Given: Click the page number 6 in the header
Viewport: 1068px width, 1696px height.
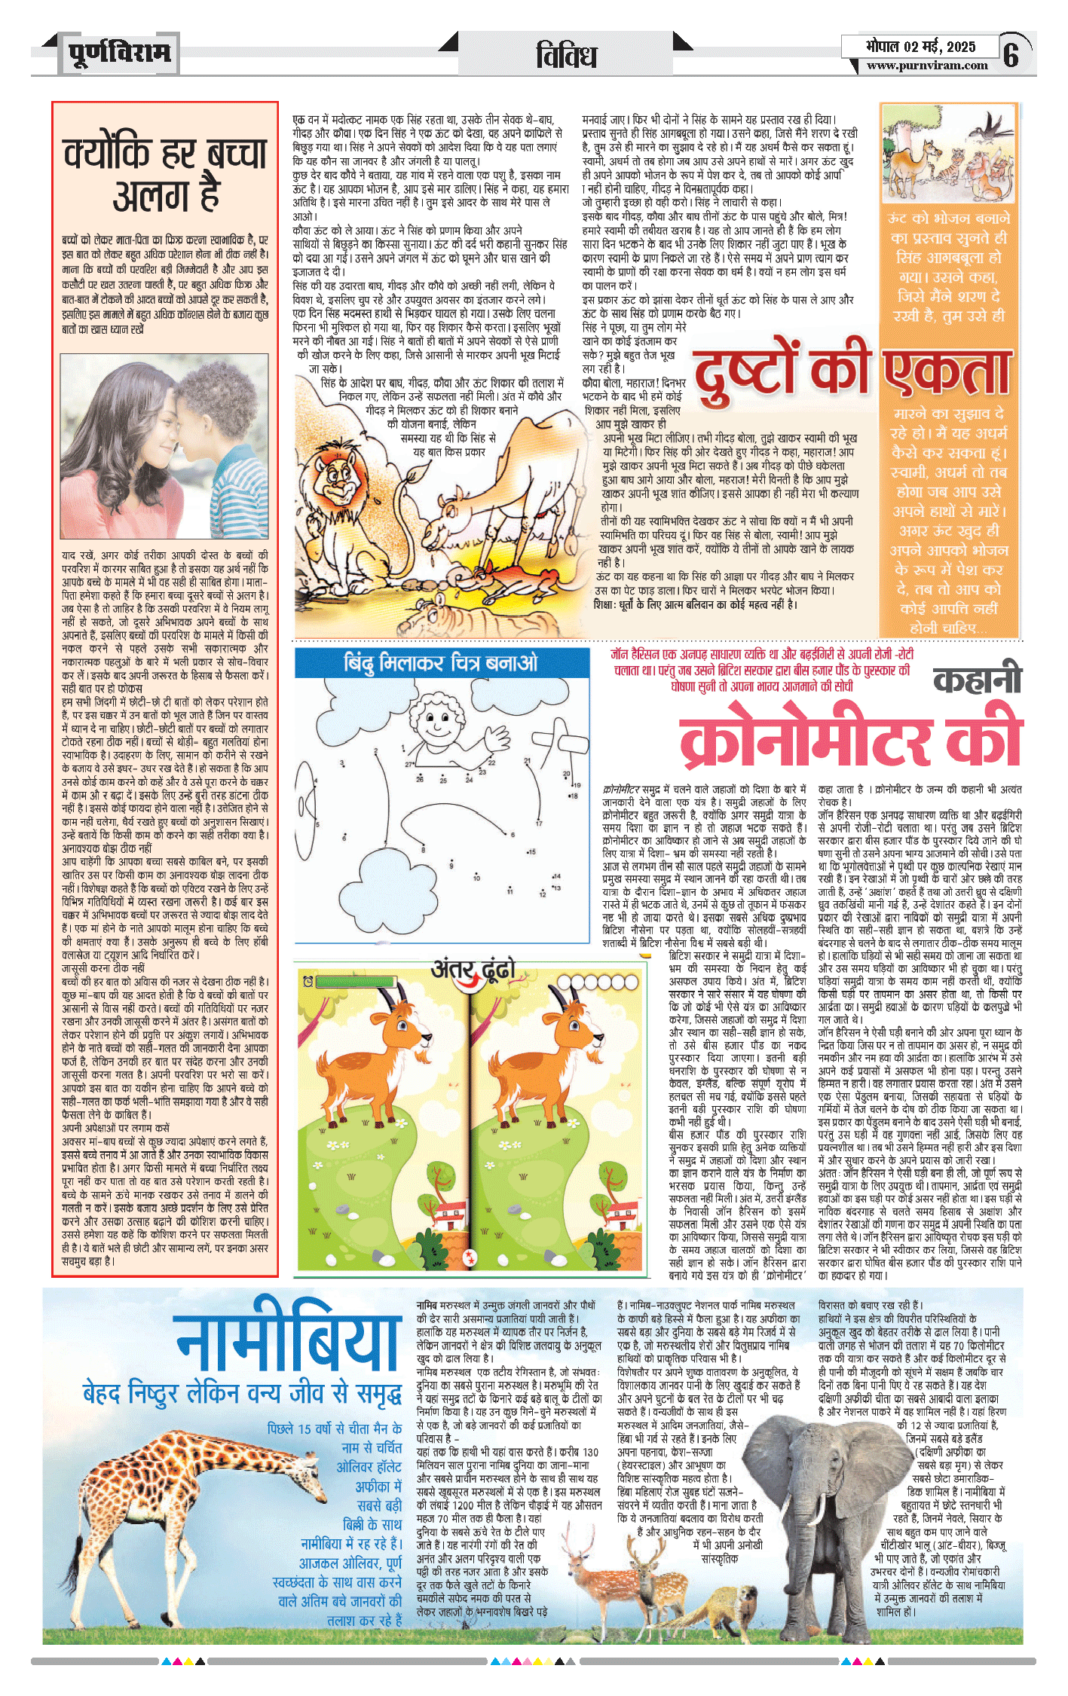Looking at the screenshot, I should [x=1011, y=54].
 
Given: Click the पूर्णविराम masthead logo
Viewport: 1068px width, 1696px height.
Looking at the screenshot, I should [x=119, y=53].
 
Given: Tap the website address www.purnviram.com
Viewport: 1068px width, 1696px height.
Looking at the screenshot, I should [x=926, y=66].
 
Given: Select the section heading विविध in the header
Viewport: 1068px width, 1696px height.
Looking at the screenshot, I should [x=566, y=56].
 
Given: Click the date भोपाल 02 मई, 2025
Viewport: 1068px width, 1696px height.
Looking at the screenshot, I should [x=920, y=47].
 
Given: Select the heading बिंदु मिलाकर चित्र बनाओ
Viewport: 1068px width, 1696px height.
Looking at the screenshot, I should [x=441, y=663].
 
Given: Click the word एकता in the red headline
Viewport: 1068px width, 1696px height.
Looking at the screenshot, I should [x=947, y=371].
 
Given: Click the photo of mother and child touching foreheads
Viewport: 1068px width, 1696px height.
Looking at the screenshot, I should [x=164, y=447].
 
